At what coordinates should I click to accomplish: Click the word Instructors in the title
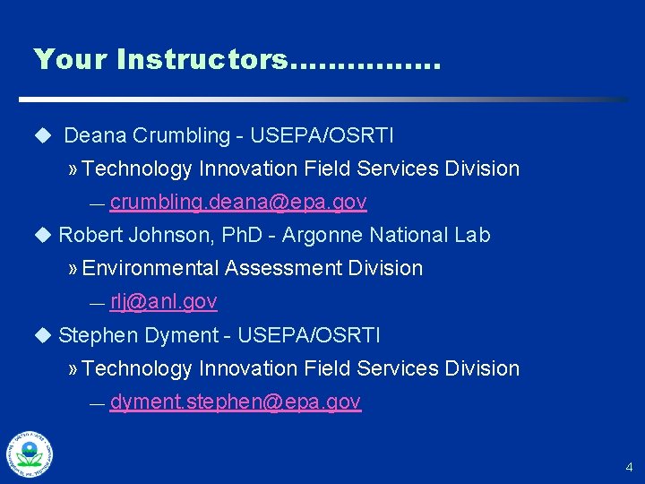coord(202,59)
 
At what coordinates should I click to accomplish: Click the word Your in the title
coord(70,59)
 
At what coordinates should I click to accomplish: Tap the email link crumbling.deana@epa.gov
coord(238,203)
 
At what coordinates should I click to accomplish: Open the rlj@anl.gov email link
coord(163,302)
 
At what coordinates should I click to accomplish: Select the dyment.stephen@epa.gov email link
coord(235,402)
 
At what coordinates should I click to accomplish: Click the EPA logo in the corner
coord(30,454)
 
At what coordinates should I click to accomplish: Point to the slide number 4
coord(629,467)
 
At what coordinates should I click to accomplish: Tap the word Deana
coord(95,136)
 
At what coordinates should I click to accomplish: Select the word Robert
coord(88,236)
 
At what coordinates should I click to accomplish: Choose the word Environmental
coord(150,269)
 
